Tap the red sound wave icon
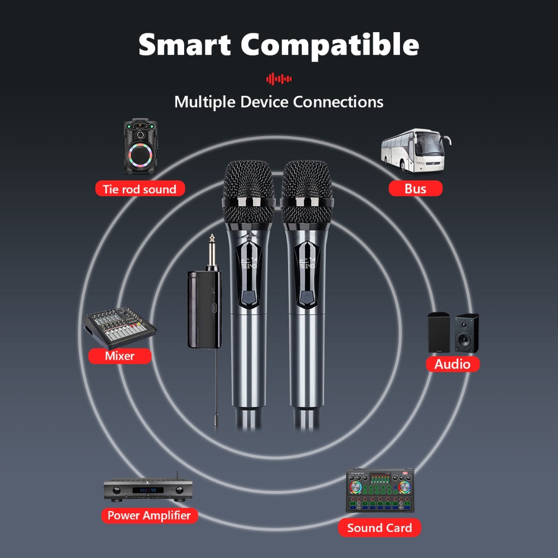tap(278, 79)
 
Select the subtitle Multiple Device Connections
tap(278, 102)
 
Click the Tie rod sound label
tap(139, 189)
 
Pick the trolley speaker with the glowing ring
tap(140, 147)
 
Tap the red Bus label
tap(415, 189)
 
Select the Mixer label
tap(119, 356)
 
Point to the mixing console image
tap(119, 328)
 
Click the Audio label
tap(452, 364)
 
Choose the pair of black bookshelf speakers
tap(453, 332)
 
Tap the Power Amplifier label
tap(149, 515)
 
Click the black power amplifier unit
tap(149, 489)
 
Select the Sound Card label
tap(379, 527)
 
